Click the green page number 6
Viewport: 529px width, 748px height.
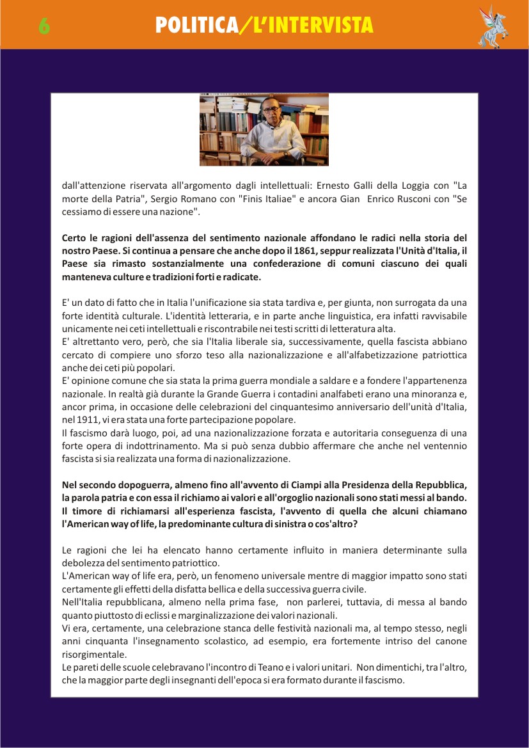[x=44, y=26]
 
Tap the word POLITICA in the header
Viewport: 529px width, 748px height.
[x=196, y=26]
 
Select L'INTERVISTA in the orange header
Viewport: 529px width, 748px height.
[x=309, y=26]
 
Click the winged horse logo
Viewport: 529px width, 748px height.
[x=493, y=26]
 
